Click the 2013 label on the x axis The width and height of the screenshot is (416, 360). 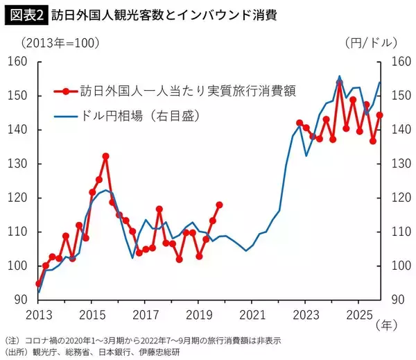[x=38, y=315]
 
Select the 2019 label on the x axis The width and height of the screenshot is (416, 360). [x=198, y=315]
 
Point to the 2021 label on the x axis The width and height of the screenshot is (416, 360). [x=252, y=315]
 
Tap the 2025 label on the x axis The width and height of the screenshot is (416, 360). [x=358, y=315]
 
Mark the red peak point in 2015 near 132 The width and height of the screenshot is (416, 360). [x=106, y=156]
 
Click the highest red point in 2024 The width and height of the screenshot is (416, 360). [x=339, y=82]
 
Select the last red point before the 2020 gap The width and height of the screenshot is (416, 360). [x=220, y=205]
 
